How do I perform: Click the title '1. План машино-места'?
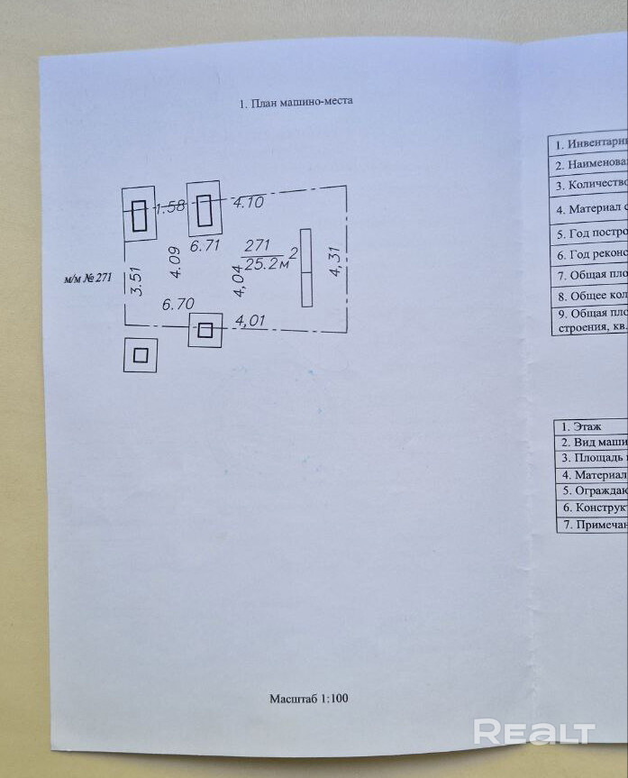tap(296, 101)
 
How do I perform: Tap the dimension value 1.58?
tap(170, 206)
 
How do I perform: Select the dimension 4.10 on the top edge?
tap(248, 203)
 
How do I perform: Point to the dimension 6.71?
tap(205, 245)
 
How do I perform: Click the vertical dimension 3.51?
tap(136, 279)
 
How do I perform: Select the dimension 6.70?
tap(178, 305)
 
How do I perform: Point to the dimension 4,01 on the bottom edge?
tap(250, 320)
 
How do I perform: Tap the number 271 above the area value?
tap(258, 245)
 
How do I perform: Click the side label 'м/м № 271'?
tap(87, 278)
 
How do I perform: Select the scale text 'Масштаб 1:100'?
tap(308, 699)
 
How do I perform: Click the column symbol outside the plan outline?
tap(141, 355)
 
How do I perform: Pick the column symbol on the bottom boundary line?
tap(205, 330)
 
